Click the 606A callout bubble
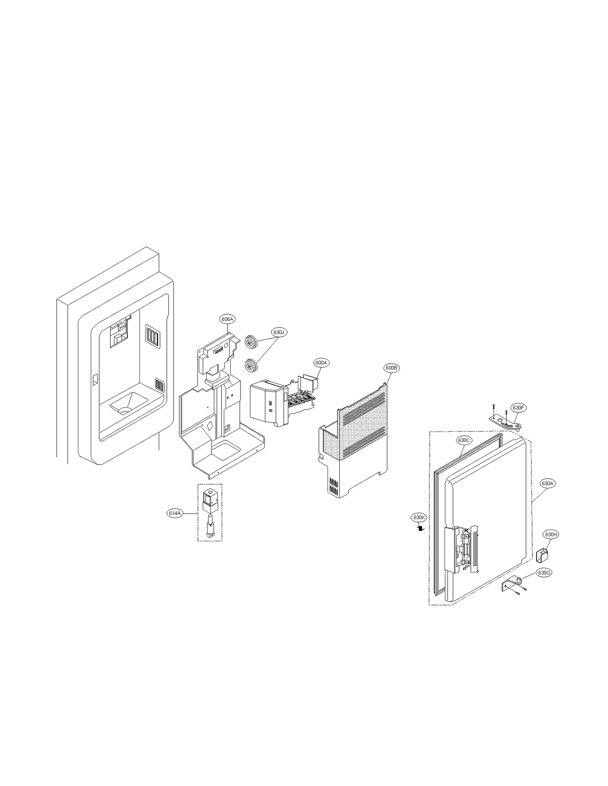(227, 319)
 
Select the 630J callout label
(279, 332)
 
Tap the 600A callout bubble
(321, 363)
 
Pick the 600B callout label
(391, 368)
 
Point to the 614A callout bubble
(175, 513)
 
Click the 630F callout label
(518, 408)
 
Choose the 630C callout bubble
(464, 440)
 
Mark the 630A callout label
(548, 484)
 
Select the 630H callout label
(551, 534)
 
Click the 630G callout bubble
(544, 572)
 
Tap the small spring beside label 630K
(420, 528)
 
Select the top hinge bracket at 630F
(503, 422)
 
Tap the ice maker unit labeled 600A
(281, 402)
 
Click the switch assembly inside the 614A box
(209, 512)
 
